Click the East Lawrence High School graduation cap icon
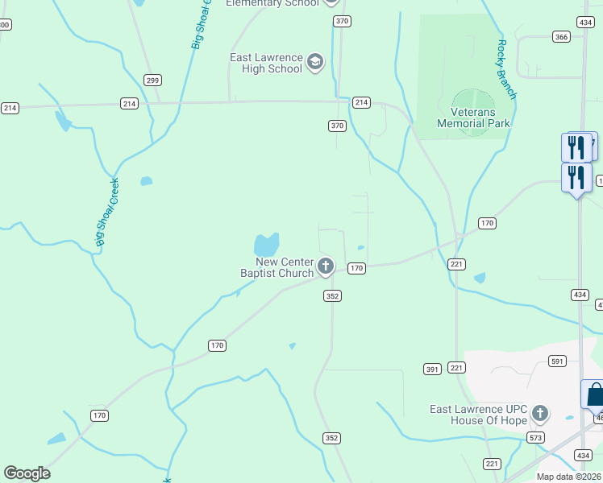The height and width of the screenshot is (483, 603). (315, 62)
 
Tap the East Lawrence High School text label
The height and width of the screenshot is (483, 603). (266, 63)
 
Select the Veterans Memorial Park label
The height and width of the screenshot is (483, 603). (473, 118)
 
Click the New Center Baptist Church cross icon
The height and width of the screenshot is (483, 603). (326, 266)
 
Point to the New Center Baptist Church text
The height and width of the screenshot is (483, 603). (277, 267)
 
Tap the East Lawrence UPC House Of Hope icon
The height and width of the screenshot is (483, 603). (539, 415)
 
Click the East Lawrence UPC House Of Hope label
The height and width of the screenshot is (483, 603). (478, 415)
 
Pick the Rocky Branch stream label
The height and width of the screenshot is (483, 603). (506, 69)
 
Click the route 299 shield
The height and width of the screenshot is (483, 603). (153, 80)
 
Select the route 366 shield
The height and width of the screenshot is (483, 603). (562, 36)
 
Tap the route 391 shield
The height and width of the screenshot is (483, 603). (432, 369)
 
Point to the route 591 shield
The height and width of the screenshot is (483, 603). (557, 361)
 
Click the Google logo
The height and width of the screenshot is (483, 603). (27, 473)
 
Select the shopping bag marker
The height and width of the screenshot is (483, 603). (594, 395)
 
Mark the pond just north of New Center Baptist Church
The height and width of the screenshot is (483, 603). (266, 243)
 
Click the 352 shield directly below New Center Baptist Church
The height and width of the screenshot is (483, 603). (332, 296)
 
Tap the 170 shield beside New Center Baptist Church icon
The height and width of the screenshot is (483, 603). (357, 268)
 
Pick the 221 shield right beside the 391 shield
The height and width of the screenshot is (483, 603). (458, 368)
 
